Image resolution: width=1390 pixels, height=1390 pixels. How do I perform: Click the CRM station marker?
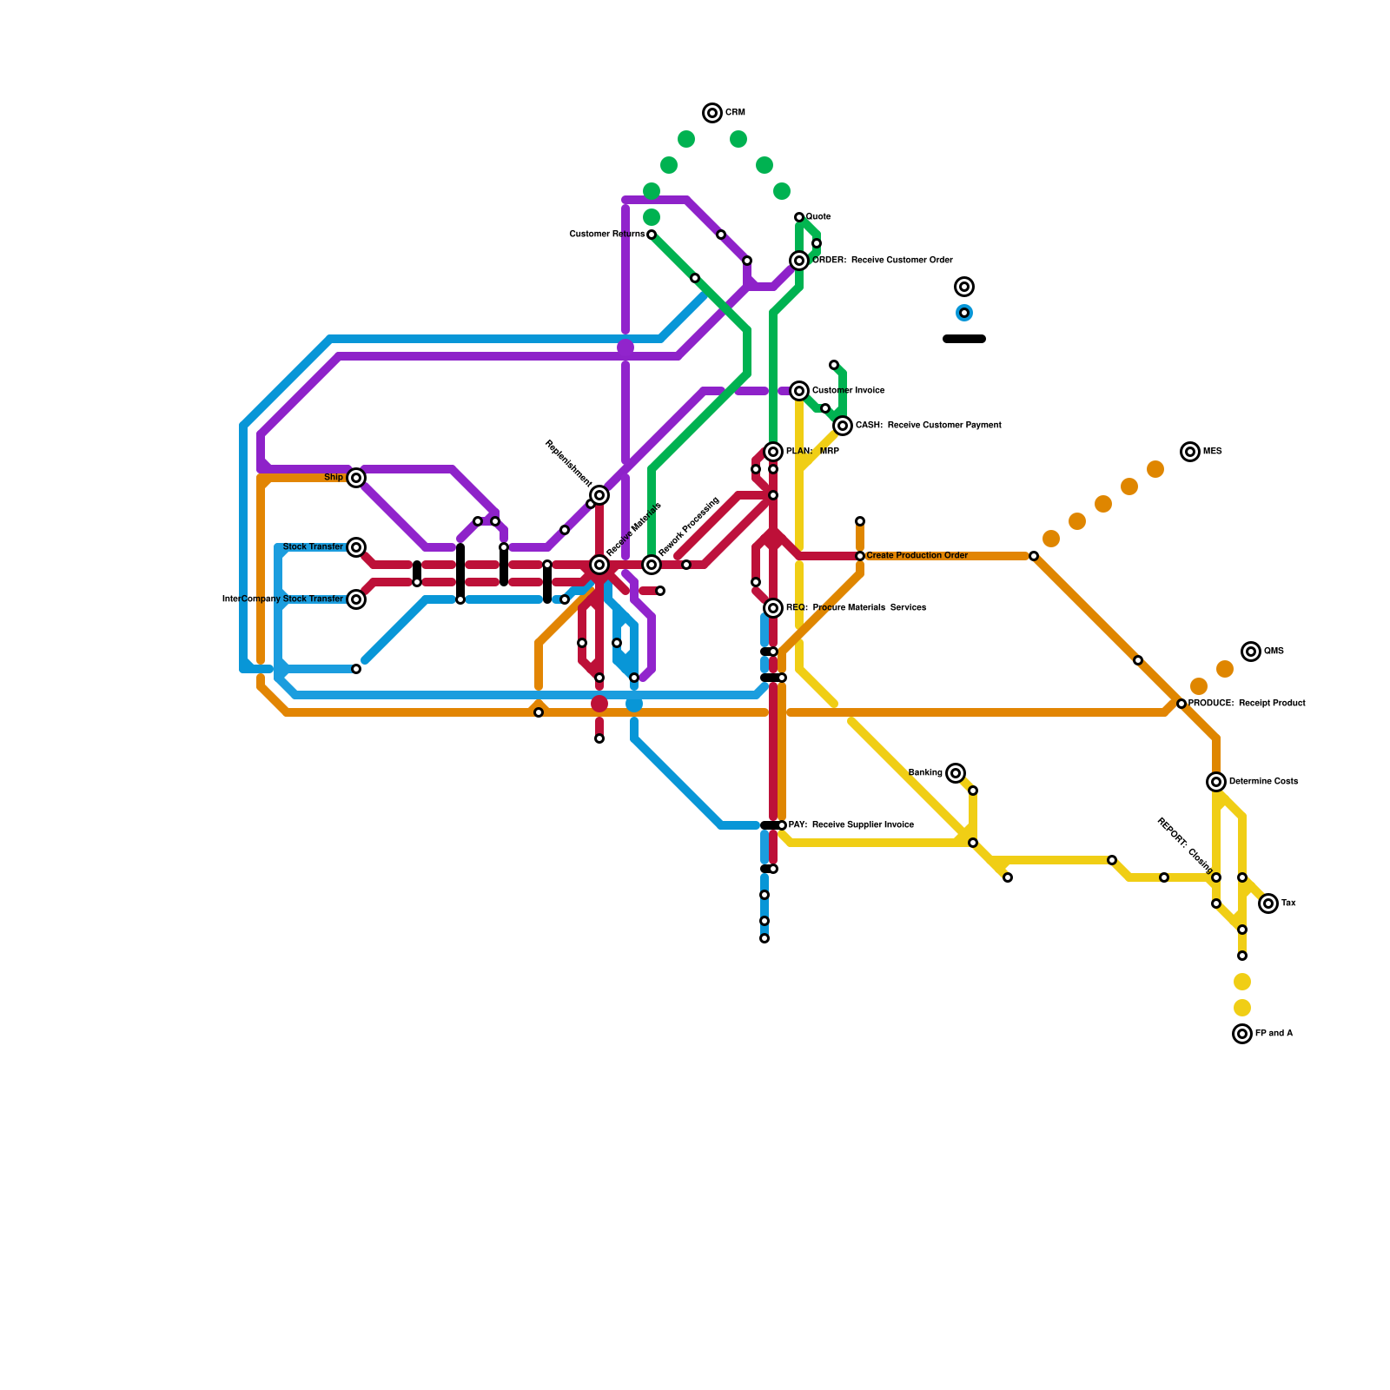click(712, 113)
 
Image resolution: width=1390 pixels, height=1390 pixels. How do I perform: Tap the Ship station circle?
click(356, 478)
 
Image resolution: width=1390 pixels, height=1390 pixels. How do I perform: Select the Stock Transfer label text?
click(313, 546)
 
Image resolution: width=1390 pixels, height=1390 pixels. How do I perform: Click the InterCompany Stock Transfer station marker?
click(356, 599)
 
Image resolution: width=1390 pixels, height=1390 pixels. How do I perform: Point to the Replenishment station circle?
click(599, 495)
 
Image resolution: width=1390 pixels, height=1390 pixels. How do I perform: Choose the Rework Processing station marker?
click(652, 565)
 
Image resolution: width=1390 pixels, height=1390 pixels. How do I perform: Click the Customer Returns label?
click(606, 235)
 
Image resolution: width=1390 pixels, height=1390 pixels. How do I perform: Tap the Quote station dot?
click(799, 217)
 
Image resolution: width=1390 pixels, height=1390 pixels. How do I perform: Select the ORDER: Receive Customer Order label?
click(882, 261)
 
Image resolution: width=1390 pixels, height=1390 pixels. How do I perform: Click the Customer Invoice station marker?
click(799, 391)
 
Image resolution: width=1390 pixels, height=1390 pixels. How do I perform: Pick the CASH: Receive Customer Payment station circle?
click(843, 426)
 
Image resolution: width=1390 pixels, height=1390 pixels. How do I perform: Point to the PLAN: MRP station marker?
click(773, 452)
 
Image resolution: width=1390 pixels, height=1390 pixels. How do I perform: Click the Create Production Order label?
click(917, 556)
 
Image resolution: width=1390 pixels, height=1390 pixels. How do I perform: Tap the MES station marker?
click(1190, 452)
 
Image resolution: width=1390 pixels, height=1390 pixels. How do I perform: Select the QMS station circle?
click(1251, 652)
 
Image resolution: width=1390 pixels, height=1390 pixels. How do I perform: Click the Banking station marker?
click(956, 773)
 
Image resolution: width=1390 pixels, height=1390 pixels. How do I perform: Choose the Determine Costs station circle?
click(1216, 782)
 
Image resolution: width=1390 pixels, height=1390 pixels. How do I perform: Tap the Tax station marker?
click(1268, 903)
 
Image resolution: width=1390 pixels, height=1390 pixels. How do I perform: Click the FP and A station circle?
click(1242, 1034)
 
